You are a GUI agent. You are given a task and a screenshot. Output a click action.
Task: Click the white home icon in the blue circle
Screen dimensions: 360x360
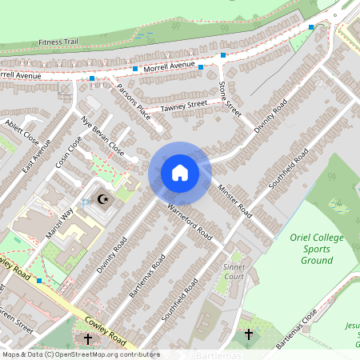click(x=179, y=172)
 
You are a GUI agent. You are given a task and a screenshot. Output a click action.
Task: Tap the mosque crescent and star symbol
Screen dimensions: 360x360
click(x=102, y=199)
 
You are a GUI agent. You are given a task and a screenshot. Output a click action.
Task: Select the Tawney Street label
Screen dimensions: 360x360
click(x=184, y=105)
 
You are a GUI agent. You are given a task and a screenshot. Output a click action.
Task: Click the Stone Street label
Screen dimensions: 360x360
click(x=230, y=93)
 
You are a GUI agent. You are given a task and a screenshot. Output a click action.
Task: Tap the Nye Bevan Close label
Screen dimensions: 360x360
click(x=103, y=136)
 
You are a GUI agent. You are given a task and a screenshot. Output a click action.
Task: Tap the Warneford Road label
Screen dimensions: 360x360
click(x=190, y=222)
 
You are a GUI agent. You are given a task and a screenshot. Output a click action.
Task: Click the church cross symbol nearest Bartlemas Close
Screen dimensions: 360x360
click(x=248, y=334)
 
